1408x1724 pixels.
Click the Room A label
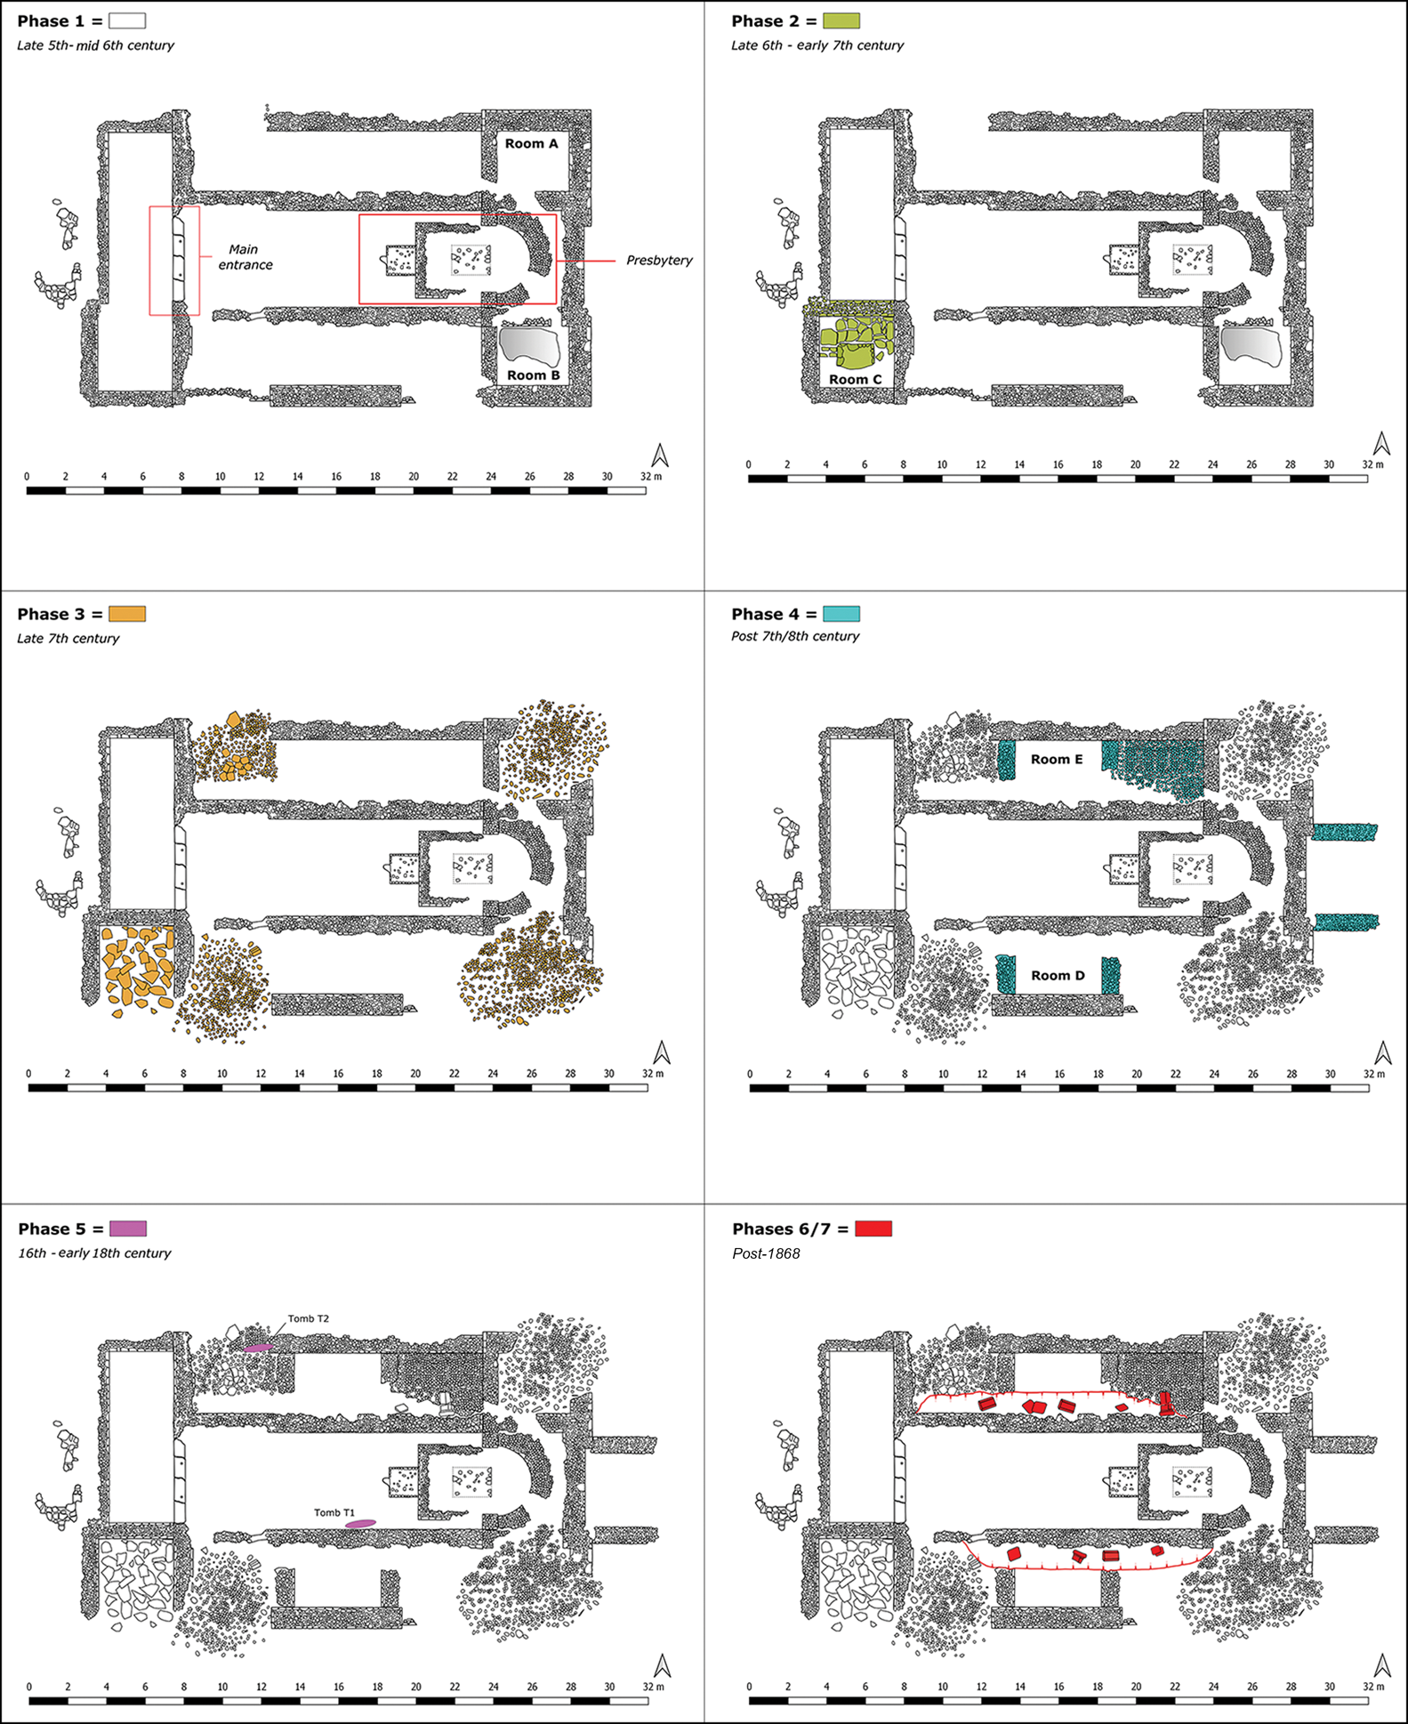click(x=532, y=143)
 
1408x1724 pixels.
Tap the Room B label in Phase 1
click(x=534, y=375)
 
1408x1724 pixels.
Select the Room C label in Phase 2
click(x=856, y=380)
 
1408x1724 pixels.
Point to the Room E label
click(x=1057, y=760)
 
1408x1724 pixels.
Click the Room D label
click(x=1058, y=976)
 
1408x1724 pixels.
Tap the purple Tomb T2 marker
click(x=258, y=1348)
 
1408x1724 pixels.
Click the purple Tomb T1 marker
click(x=360, y=1524)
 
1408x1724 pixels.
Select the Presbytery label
click(x=659, y=261)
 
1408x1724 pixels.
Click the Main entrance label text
click(x=245, y=257)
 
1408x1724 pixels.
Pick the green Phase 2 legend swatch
click(x=841, y=20)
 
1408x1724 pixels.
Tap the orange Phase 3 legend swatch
click(x=127, y=614)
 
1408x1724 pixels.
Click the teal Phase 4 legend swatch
click(x=841, y=614)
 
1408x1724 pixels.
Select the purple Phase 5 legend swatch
click(x=128, y=1229)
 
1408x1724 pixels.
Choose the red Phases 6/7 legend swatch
click(x=873, y=1229)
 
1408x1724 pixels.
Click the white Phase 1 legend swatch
click(x=127, y=20)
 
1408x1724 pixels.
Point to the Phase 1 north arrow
click(x=660, y=455)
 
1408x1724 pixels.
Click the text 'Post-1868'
click(x=766, y=1253)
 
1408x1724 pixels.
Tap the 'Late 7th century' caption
click(x=68, y=639)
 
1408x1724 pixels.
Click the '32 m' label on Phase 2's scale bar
click(x=1372, y=464)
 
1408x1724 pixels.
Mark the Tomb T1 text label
click(x=334, y=1512)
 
